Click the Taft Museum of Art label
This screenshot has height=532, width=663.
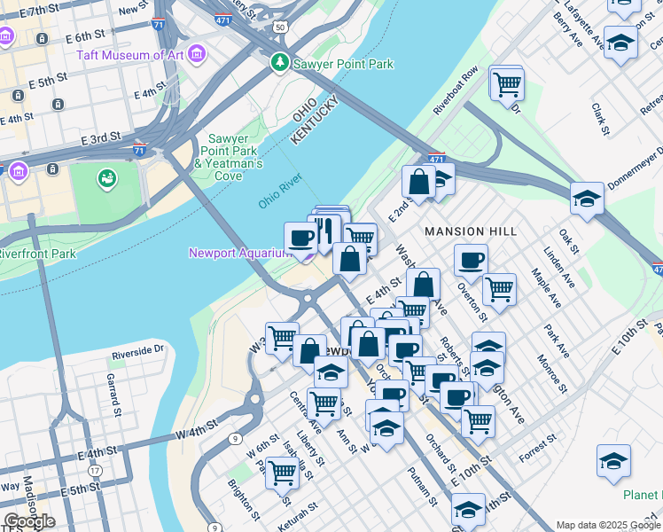point(129,55)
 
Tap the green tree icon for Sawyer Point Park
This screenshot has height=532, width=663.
point(280,63)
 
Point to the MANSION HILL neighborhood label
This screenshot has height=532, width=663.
point(470,231)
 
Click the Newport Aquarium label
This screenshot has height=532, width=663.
point(240,254)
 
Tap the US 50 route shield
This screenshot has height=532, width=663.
point(280,27)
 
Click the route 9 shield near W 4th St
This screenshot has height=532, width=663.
point(235,438)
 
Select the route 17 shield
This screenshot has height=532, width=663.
point(95,470)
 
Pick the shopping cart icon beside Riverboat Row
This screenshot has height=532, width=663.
point(507,85)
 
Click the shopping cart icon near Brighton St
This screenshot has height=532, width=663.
point(281,473)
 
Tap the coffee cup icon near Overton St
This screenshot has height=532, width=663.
point(471,260)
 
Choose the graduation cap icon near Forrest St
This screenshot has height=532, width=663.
point(613,461)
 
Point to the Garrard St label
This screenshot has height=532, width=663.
point(113,395)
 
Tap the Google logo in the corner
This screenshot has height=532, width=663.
point(29,521)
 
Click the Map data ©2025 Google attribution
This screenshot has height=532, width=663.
point(608,525)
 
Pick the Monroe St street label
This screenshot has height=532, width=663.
point(550,373)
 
